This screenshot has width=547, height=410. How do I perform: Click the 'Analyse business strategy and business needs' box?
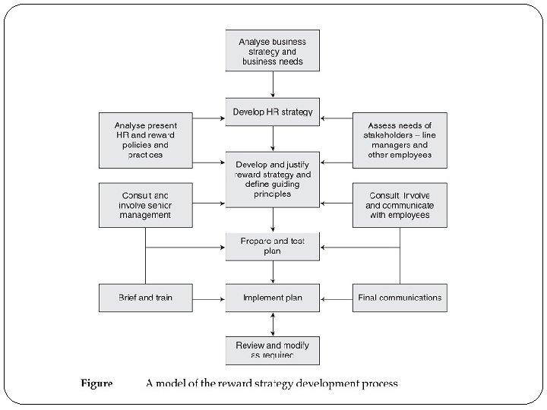(273, 50)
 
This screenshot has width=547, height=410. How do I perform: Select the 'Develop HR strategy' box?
(273, 112)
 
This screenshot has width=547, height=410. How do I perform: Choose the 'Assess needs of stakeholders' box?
(400, 140)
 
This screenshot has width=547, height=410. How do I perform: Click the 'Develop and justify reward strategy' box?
(273, 179)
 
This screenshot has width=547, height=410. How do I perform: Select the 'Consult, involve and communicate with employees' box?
(400, 204)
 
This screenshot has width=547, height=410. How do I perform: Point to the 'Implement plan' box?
(273, 298)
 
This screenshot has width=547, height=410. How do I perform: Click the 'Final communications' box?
(400, 298)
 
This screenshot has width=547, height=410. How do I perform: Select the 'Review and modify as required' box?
(273, 350)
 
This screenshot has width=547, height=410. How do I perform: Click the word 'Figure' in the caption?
(96, 383)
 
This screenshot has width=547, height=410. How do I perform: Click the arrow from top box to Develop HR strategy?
(273, 84)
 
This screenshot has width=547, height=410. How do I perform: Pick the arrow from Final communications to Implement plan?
(337, 298)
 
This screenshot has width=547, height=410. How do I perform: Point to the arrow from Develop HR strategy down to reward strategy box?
(273, 139)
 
